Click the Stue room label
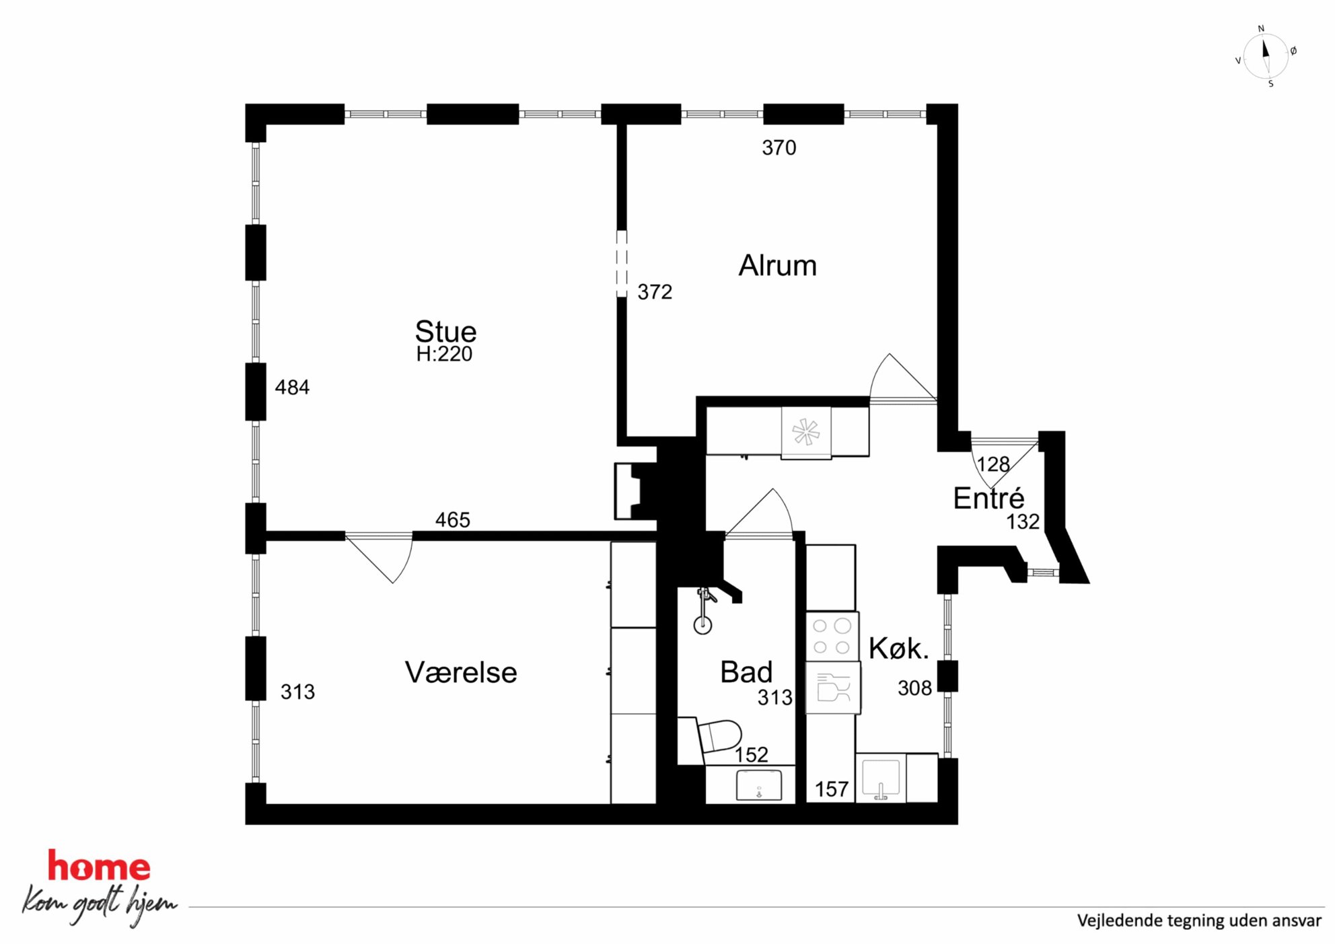445,332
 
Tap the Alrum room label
777,266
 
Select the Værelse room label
461,672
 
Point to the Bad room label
746,671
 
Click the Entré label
988,498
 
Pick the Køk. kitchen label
898,648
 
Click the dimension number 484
292,387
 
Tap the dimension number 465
452,519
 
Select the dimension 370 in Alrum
779,147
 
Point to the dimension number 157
831,789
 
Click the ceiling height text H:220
444,354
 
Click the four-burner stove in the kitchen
832,636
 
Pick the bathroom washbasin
759,785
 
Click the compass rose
1265,56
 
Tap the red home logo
99,867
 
